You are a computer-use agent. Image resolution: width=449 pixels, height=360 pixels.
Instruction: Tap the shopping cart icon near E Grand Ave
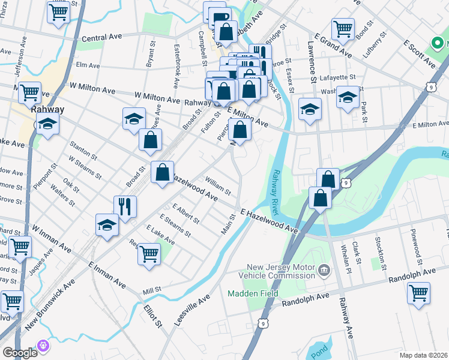[x=342, y=28]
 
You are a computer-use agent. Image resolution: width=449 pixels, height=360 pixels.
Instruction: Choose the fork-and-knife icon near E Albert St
[x=125, y=206]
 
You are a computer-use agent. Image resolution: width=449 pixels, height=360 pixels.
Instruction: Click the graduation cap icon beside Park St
[x=348, y=97]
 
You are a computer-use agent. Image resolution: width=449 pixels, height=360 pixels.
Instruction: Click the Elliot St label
[x=153, y=315]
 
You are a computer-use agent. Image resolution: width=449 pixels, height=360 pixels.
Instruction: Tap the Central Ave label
[x=101, y=38]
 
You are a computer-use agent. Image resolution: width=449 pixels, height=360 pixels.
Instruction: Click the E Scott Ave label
[x=418, y=53]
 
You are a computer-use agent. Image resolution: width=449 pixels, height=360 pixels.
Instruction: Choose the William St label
[x=217, y=186]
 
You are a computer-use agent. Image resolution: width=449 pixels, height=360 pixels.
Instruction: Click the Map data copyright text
[x=423, y=355]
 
